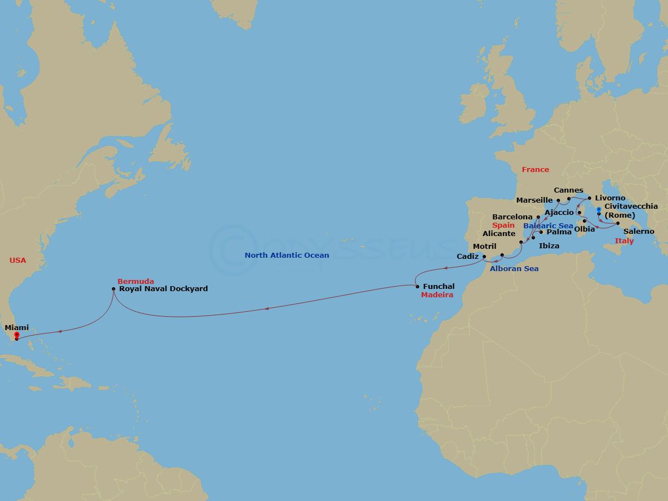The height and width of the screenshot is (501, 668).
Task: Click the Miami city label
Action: click(17, 328)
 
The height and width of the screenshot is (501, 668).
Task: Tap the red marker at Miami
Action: click(17, 336)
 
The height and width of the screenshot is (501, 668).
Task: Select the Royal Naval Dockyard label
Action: click(163, 289)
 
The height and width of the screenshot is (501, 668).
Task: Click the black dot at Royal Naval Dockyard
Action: click(114, 289)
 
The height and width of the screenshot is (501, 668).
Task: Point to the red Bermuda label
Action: click(135, 281)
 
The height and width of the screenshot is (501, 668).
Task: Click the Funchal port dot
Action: click(417, 287)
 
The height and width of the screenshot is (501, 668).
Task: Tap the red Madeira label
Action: click(438, 295)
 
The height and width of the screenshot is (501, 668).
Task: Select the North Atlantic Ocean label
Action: click(287, 256)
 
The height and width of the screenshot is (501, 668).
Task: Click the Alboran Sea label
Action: click(514, 269)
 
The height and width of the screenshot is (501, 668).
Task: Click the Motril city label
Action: click(484, 247)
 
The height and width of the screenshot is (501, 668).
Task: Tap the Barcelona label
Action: click(512, 217)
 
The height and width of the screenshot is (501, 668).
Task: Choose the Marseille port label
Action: click(534, 200)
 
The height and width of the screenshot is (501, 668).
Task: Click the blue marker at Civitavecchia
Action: click(598, 210)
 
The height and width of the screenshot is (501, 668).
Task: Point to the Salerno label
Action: click(638, 232)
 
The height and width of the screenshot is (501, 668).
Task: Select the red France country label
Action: click(535, 170)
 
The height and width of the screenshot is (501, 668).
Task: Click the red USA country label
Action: click(18, 260)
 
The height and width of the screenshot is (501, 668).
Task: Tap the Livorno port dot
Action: click(590, 198)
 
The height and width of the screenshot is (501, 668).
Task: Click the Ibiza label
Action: click(549, 245)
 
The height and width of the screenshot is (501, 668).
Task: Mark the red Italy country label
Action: click(624, 241)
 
